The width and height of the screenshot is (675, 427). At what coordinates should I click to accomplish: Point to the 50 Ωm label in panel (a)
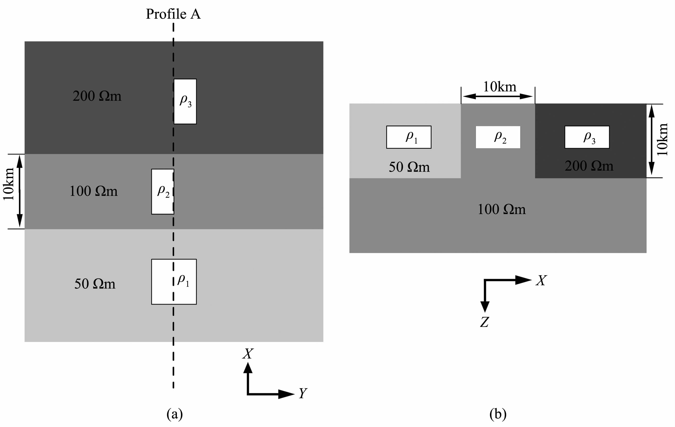pyautogui.click(x=94, y=284)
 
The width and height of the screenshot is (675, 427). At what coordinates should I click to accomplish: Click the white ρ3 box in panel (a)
pyautogui.click(x=185, y=101)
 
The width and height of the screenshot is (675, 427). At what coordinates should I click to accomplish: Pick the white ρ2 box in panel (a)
pyautogui.click(x=163, y=192)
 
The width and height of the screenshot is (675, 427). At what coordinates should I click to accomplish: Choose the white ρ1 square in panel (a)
pyautogui.click(x=174, y=282)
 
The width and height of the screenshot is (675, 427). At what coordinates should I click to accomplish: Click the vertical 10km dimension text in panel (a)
pyautogui.click(x=8, y=184)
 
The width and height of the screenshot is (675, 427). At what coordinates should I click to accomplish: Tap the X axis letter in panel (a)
pyautogui.click(x=248, y=354)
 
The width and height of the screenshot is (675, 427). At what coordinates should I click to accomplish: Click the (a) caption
pyautogui.click(x=174, y=414)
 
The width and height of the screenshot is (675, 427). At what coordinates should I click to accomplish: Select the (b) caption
pyautogui.click(x=498, y=414)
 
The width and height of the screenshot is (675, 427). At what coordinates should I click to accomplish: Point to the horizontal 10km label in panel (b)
pyautogui.click(x=499, y=87)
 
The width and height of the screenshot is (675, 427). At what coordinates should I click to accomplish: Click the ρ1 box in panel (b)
pyautogui.click(x=409, y=137)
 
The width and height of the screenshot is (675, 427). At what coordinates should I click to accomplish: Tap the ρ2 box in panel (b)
pyautogui.click(x=498, y=137)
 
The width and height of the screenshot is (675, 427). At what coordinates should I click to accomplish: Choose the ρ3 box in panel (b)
pyautogui.click(x=587, y=137)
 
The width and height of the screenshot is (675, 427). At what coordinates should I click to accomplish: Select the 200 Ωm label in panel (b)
pyautogui.click(x=589, y=166)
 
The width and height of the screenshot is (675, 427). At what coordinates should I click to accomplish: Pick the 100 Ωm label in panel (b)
pyautogui.click(x=501, y=209)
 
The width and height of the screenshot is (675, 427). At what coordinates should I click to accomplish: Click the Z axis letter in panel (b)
pyautogui.click(x=484, y=322)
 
